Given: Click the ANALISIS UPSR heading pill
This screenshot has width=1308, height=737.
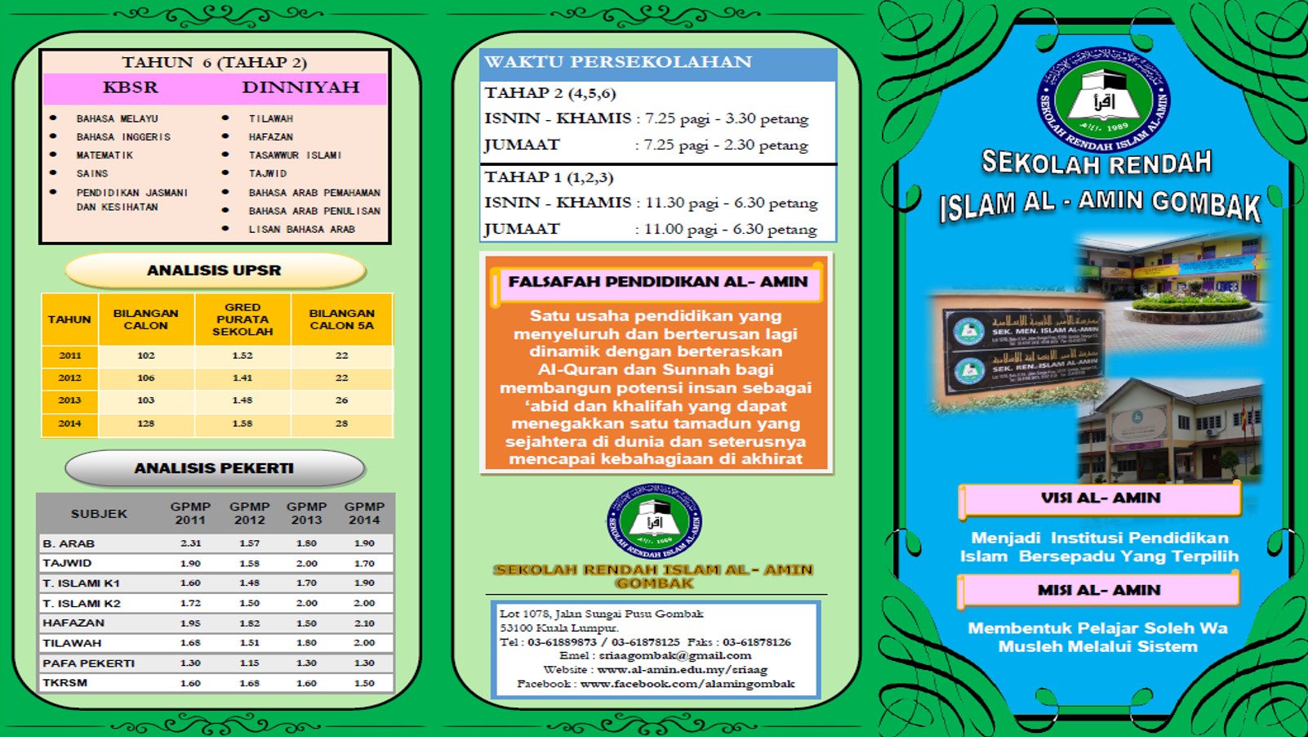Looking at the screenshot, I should coord(214,270).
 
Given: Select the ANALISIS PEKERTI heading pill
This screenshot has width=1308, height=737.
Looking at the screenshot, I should coord(214,468).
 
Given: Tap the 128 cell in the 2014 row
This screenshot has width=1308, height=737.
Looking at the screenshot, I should coord(146,423).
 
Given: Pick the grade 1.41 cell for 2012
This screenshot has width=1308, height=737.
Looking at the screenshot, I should coord(242,378).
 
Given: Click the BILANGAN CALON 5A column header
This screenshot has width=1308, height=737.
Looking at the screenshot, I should coord(341,319).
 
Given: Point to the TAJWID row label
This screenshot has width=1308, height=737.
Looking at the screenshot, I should coord(68,563).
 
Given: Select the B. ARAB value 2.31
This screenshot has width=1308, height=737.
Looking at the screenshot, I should coord(190,543).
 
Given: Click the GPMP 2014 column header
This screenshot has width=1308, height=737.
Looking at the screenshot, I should coord(364,513).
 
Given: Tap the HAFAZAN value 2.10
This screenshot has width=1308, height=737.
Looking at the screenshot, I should coord(364,623).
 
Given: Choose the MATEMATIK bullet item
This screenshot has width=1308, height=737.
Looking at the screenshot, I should coord(105,155).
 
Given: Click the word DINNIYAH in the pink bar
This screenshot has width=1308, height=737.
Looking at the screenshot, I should coord(300,87).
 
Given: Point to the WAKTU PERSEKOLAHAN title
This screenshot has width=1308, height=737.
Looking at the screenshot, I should coord(618,62).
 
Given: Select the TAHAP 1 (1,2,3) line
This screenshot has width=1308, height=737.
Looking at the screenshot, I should coord(549,177).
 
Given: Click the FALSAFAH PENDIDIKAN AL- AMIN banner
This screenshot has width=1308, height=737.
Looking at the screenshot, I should coord(658,282).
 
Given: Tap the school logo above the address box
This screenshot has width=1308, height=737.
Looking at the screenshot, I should coord(654,521).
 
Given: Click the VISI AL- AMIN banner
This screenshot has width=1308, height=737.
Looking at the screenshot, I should coord(1100,498).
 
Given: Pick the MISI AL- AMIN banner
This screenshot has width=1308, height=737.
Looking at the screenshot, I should coord(1099,590).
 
